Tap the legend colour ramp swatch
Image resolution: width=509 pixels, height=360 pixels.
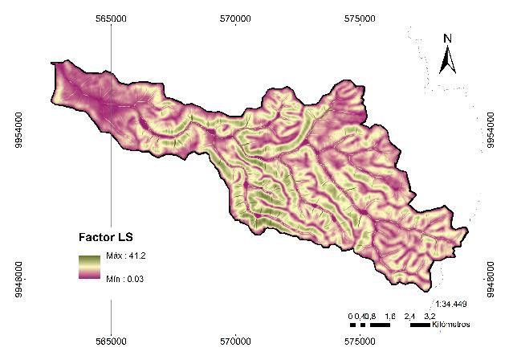(89, 267)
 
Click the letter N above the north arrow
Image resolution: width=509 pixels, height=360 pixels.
(448, 38)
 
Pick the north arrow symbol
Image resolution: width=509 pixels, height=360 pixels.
(448, 59)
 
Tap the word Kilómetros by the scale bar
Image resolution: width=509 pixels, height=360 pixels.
(450, 325)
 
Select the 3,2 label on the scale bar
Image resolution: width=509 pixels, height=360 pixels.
(430, 316)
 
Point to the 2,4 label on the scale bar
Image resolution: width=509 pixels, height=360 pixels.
(410, 316)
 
